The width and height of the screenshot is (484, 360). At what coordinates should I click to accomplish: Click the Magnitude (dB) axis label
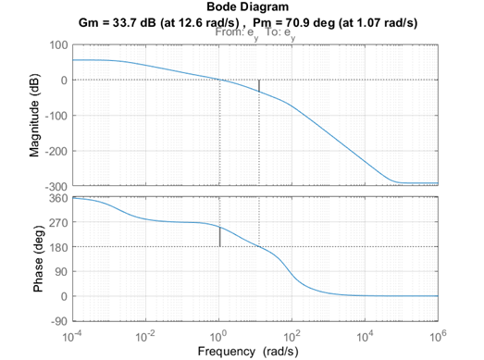(34, 115)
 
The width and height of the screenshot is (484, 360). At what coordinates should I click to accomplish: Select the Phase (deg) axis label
(38, 259)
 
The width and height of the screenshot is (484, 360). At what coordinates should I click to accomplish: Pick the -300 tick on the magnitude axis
(55, 187)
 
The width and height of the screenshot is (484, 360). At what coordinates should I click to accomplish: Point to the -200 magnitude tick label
(55, 151)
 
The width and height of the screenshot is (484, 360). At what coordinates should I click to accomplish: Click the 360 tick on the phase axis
(57, 198)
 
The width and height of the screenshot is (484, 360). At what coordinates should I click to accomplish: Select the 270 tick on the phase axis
(57, 222)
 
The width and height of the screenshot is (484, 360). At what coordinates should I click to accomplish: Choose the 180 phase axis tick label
(57, 247)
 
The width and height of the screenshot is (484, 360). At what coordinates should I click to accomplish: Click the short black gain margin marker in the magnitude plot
(259, 86)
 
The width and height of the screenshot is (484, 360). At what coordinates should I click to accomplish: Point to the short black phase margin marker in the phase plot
(219, 237)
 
